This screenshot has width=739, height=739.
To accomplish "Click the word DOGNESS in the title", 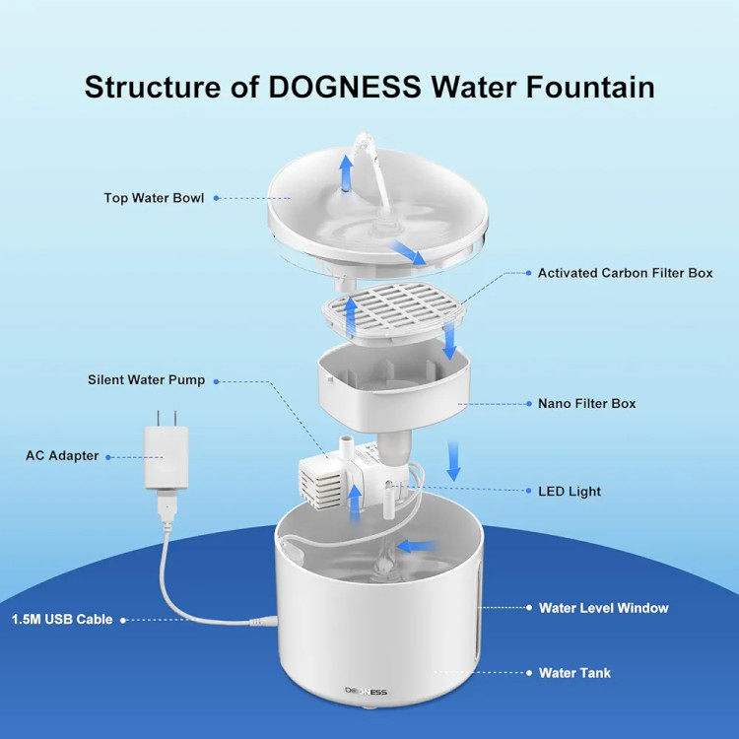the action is point(345,87).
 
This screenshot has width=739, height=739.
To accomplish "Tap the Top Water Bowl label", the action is point(154,198).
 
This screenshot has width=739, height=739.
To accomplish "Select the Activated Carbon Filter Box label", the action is point(625,273).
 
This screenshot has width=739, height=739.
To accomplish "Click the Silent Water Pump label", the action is point(146,380).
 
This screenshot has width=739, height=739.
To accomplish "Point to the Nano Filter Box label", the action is point(587,404).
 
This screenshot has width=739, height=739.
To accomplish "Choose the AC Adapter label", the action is point(62,456).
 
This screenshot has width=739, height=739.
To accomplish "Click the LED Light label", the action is point(570,492).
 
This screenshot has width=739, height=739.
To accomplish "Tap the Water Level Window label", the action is point(603,608).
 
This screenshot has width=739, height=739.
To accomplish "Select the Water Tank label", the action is point(574,673).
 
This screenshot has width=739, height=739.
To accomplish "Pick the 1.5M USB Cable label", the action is point(62,620).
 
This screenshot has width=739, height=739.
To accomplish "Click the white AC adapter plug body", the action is point(166,458).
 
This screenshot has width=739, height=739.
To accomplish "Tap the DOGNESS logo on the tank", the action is point(366,692).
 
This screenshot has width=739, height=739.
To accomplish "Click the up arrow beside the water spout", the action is point(347,173).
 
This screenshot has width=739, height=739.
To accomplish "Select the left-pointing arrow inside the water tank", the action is point(416,547).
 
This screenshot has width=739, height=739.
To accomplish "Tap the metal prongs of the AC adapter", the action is point(167,418).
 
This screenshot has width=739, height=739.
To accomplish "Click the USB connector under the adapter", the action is point(168,506).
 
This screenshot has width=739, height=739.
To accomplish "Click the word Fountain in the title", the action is point(590,87).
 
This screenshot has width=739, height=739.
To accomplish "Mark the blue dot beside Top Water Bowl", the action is point(217,198).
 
